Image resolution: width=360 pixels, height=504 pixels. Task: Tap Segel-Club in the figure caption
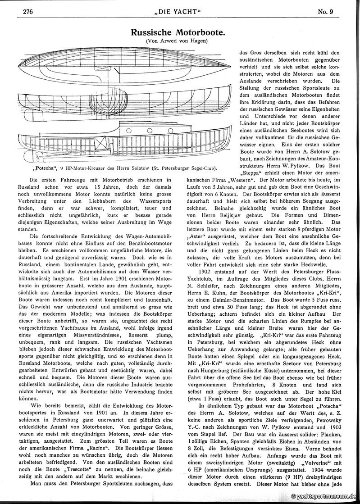(x=214, y=168)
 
